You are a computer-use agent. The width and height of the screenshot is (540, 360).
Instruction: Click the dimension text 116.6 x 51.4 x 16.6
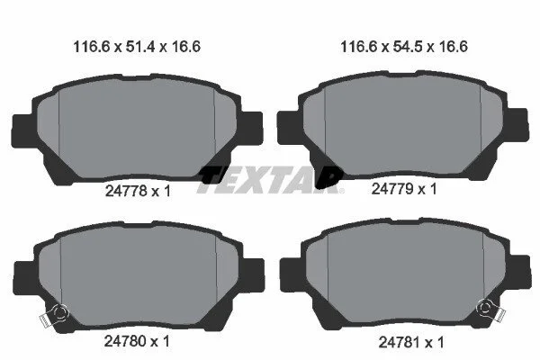(x=137, y=47)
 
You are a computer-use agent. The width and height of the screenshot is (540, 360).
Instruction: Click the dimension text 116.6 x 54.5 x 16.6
(x=404, y=47)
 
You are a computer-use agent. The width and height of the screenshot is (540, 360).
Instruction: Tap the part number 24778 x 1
(x=138, y=191)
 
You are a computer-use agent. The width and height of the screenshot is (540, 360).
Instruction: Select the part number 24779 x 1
(x=404, y=189)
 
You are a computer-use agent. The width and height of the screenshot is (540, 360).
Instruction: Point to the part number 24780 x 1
(x=137, y=341)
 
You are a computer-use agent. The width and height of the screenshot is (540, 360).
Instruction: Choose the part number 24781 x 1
(x=411, y=342)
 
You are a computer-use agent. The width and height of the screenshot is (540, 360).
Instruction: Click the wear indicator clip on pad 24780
(x=54, y=314)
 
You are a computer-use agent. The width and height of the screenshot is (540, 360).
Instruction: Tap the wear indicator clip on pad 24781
(x=490, y=309)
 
